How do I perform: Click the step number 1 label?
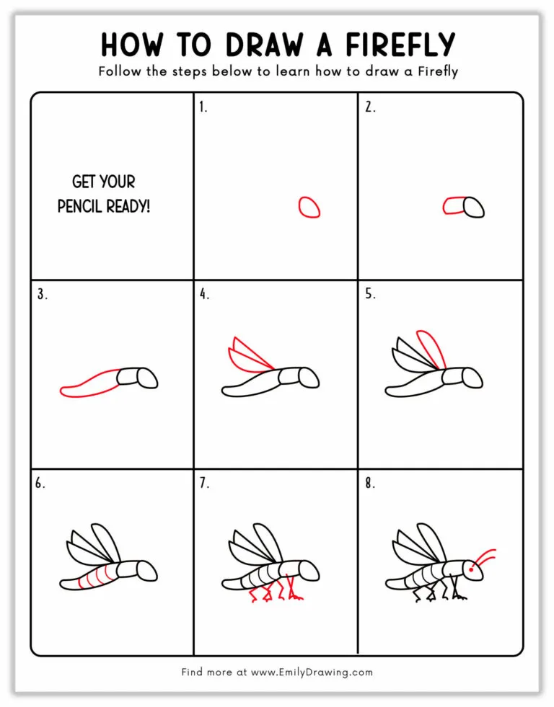203,107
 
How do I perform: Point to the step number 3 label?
41,294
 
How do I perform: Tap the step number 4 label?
204,294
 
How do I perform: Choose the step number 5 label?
369,294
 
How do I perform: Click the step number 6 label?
40,484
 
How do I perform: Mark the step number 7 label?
204,484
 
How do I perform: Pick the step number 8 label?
369,484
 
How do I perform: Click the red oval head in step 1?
309,208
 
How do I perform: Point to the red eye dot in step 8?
471,569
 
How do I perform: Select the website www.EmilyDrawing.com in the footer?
312,672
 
